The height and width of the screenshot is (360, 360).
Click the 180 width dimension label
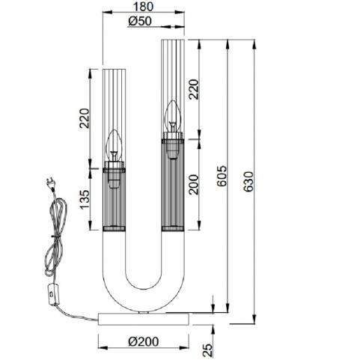(143, 6)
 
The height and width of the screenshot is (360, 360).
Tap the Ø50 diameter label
(140, 21)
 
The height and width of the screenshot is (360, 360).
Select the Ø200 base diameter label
(144, 341)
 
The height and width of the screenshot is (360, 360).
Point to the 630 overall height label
(248, 181)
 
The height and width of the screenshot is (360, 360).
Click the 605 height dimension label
(222, 176)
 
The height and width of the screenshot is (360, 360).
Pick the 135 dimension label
(85, 199)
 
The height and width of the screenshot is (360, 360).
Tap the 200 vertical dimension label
(193, 184)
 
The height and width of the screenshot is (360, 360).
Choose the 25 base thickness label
(207, 350)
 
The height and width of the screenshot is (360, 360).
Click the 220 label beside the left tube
(85, 118)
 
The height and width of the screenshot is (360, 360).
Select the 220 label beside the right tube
(193, 89)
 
